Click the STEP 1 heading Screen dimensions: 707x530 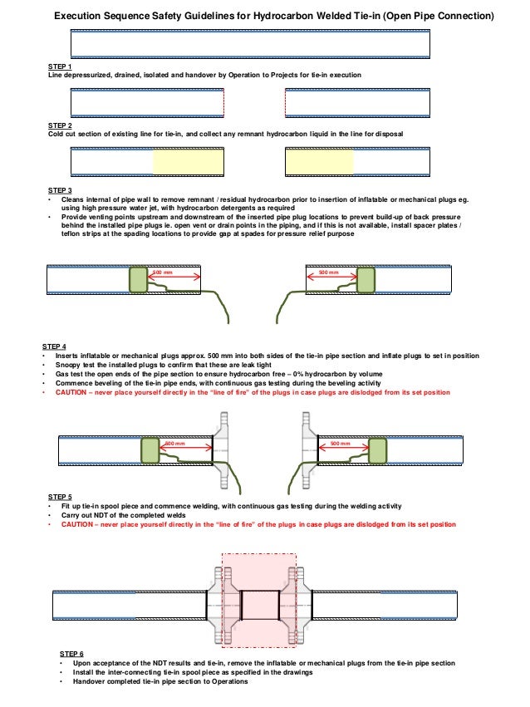(60, 66)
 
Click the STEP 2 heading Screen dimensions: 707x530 (60, 125)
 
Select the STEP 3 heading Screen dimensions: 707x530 (60, 190)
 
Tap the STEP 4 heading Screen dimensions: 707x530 (54, 346)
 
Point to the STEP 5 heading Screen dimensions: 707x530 (60, 497)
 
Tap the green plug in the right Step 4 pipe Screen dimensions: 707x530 (366, 279)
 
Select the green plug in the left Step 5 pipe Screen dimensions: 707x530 (150, 451)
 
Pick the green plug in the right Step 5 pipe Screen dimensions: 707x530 (378, 451)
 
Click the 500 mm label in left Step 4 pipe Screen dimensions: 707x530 (163, 272)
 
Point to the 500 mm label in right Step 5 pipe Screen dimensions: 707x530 (341, 444)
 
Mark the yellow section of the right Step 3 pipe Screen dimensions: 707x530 (319, 161)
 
